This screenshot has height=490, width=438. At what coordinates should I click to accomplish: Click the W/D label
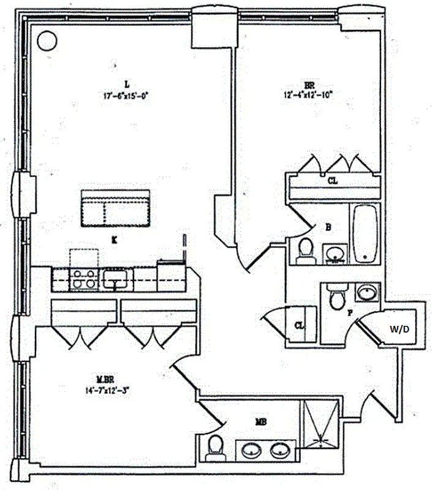point(399,329)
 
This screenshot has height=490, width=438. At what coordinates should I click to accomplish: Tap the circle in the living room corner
point(47,41)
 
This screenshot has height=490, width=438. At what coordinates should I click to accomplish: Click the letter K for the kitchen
point(114,241)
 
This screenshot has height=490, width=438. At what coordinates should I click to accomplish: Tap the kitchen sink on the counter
point(115,280)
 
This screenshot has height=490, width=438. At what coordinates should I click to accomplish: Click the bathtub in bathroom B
point(365,233)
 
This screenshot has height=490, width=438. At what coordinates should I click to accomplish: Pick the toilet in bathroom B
point(304,251)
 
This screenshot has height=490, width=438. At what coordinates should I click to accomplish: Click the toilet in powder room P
point(336,298)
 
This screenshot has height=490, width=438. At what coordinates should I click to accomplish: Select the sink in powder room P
point(367,292)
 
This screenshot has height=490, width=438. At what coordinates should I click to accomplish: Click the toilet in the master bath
point(214,447)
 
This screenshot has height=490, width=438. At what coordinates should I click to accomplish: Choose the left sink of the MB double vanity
point(252,451)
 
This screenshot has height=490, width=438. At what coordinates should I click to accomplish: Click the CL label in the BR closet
point(333,181)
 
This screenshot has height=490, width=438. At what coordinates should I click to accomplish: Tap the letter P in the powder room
point(350,312)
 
